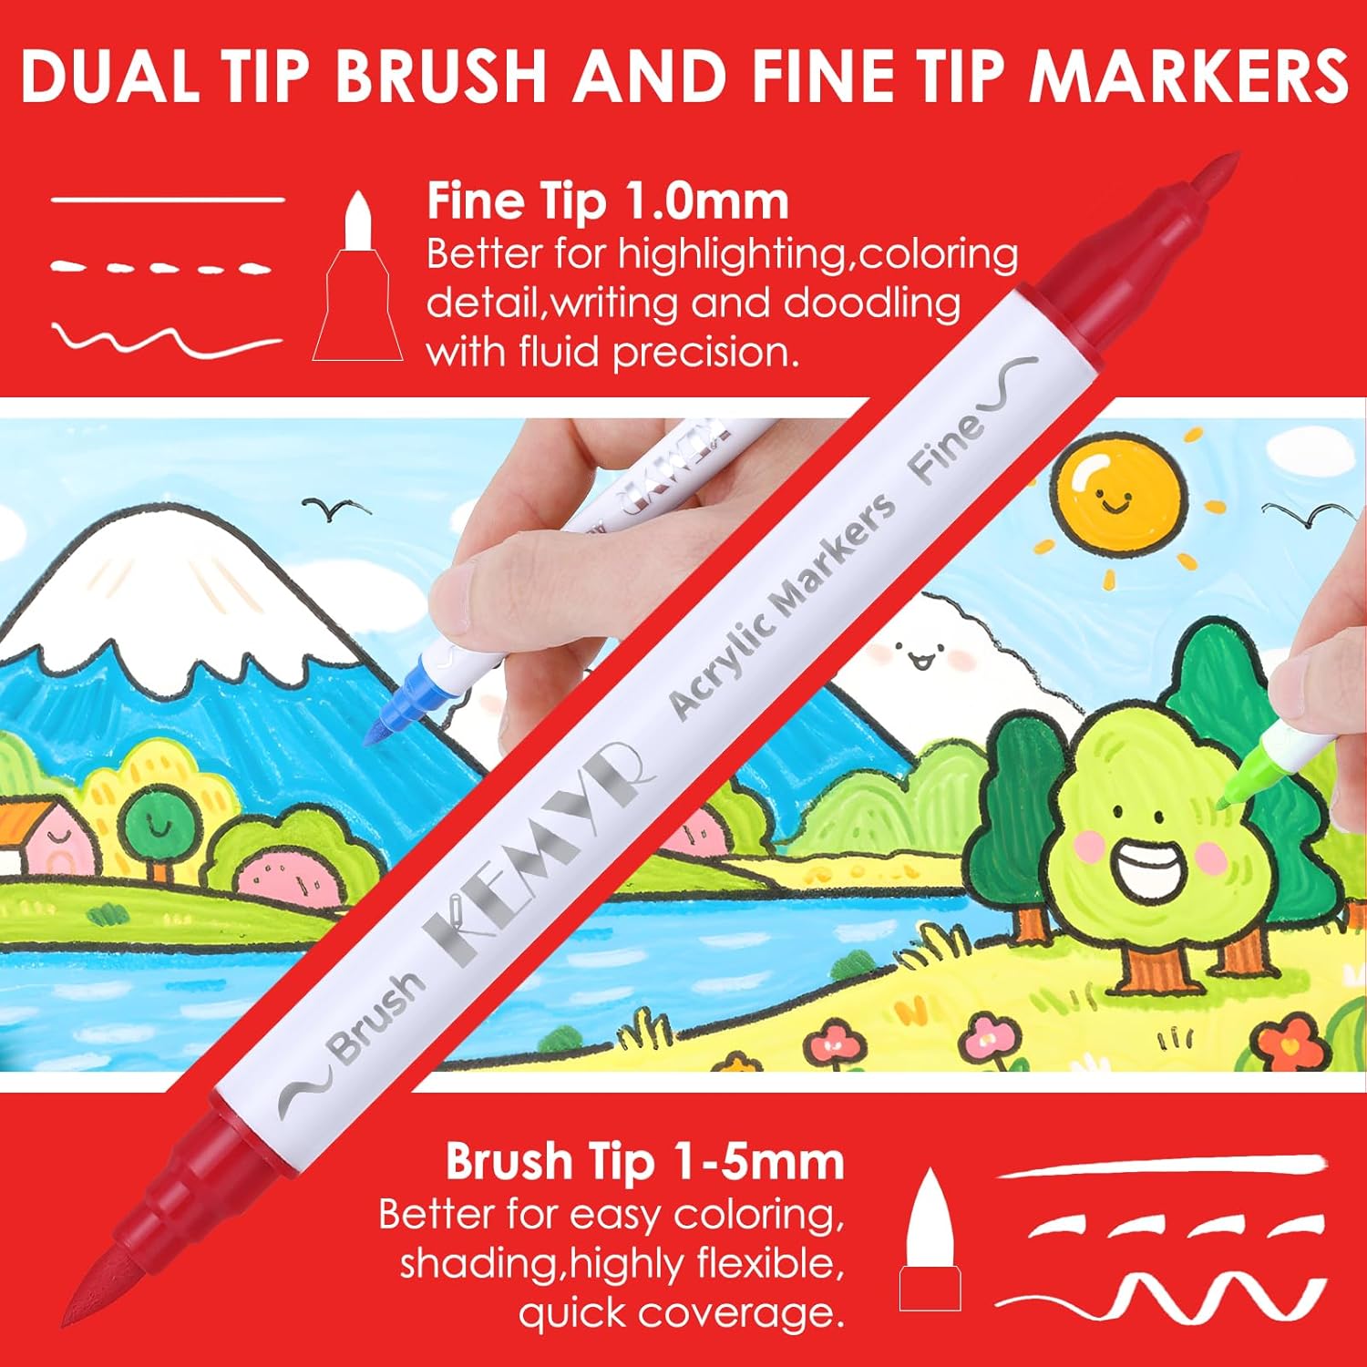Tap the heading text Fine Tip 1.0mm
coord(608,201)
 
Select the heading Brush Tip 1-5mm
coord(645,1162)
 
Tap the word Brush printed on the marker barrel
coord(377,1018)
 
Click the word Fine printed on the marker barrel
coord(948,447)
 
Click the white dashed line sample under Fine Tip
coord(159,268)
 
